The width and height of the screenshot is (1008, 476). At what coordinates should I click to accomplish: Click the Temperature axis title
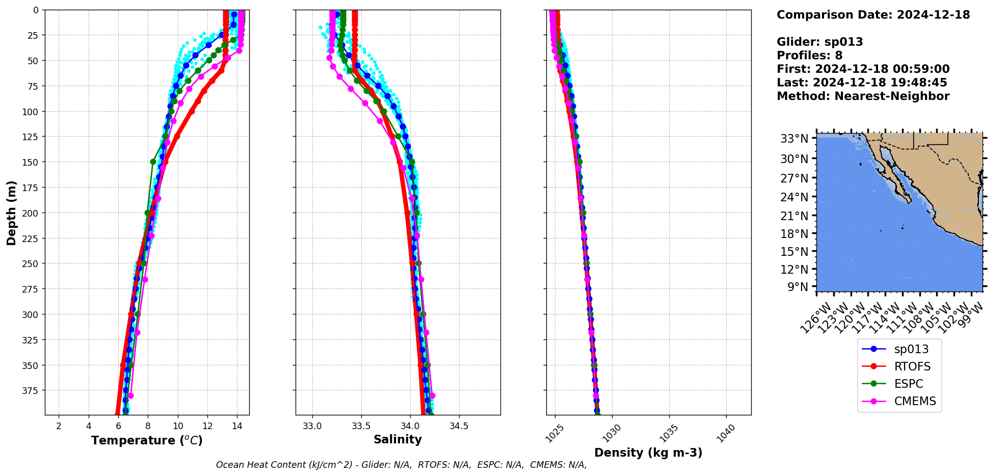coord(147,440)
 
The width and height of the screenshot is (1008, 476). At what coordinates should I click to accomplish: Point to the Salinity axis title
coord(397,440)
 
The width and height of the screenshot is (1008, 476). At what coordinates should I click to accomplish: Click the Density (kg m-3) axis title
coord(648,453)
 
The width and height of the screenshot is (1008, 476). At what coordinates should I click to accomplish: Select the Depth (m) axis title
coord(11,213)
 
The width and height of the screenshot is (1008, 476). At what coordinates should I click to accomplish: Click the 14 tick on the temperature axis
coord(237,426)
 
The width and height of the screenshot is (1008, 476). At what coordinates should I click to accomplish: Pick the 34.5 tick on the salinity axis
coord(459,426)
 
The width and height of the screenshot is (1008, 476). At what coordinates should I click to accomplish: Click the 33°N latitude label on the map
coord(794,139)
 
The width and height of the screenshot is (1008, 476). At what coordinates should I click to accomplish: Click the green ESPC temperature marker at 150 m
coord(153,162)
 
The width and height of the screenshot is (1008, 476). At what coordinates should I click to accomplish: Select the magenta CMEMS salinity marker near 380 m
coord(432,395)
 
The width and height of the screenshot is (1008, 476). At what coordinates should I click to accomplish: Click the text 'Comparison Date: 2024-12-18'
coord(873,15)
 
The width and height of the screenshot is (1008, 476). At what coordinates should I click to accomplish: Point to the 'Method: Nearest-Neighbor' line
coord(863,96)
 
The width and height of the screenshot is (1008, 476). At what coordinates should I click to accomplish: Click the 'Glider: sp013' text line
coord(819,42)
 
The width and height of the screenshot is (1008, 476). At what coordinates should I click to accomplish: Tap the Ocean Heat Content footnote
coord(401,465)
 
